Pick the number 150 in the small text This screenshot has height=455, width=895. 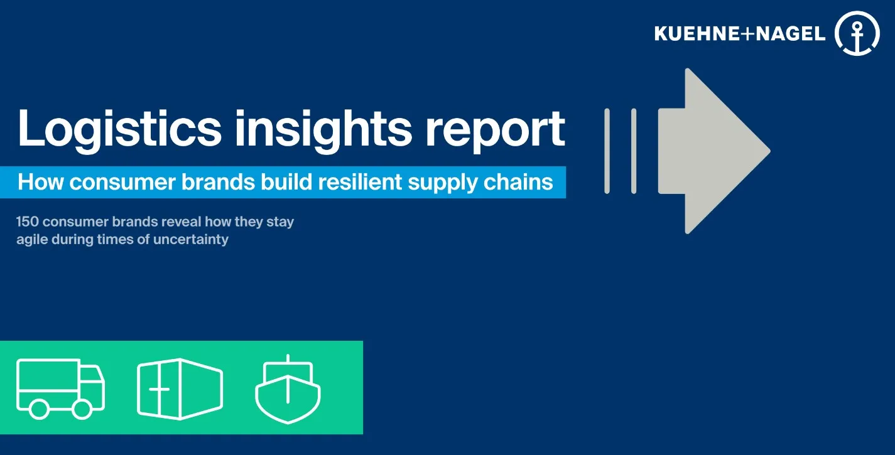coord(29,222)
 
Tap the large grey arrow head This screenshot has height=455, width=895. coord(729,151)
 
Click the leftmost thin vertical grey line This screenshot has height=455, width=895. coord(607,151)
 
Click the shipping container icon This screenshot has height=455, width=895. coord(180,389)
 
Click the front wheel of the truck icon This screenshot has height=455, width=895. coord(82,409)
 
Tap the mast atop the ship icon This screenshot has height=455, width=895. coord(288,360)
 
